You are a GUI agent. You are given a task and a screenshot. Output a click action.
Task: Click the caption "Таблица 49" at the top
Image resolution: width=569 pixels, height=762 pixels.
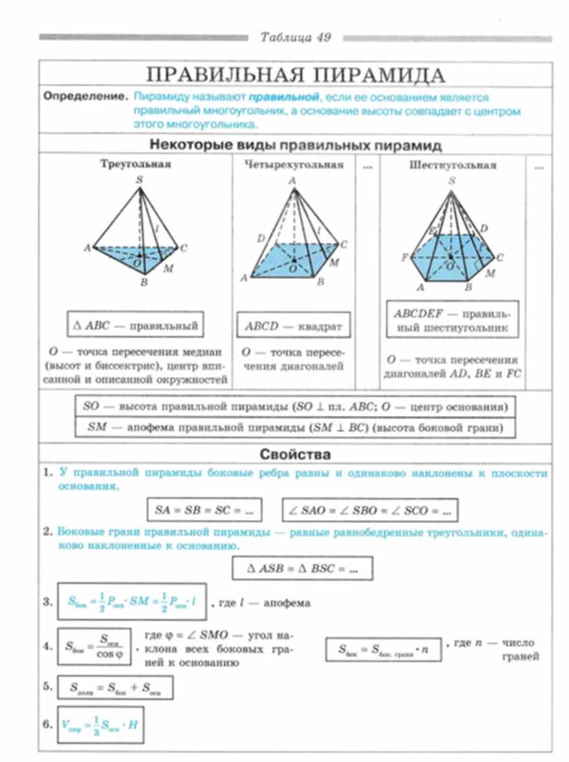[x=296, y=37]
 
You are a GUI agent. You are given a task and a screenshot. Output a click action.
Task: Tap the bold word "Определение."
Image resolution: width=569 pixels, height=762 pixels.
[x=86, y=96]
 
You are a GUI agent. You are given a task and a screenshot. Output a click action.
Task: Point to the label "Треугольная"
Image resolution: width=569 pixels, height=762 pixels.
[x=135, y=165]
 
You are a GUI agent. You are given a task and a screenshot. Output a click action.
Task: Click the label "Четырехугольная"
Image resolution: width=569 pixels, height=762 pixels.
[x=294, y=165]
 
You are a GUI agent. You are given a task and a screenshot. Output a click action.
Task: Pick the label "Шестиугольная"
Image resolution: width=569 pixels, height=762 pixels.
[x=453, y=165]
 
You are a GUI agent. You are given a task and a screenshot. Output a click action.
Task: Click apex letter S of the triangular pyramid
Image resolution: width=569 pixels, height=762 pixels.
[x=139, y=180]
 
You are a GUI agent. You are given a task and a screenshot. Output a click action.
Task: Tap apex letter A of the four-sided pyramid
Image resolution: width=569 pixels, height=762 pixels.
[x=292, y=180]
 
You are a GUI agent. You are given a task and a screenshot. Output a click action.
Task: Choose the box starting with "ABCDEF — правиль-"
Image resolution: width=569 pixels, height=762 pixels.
[x=451, y=320]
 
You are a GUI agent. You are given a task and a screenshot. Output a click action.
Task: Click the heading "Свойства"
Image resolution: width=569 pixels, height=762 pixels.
[x=294, y=454]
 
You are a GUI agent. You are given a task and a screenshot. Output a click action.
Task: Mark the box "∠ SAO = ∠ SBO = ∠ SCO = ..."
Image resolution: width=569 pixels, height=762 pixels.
[x=370, y=510]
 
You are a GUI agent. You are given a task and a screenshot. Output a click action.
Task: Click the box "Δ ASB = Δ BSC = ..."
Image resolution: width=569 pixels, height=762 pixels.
[x=303, y=568]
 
